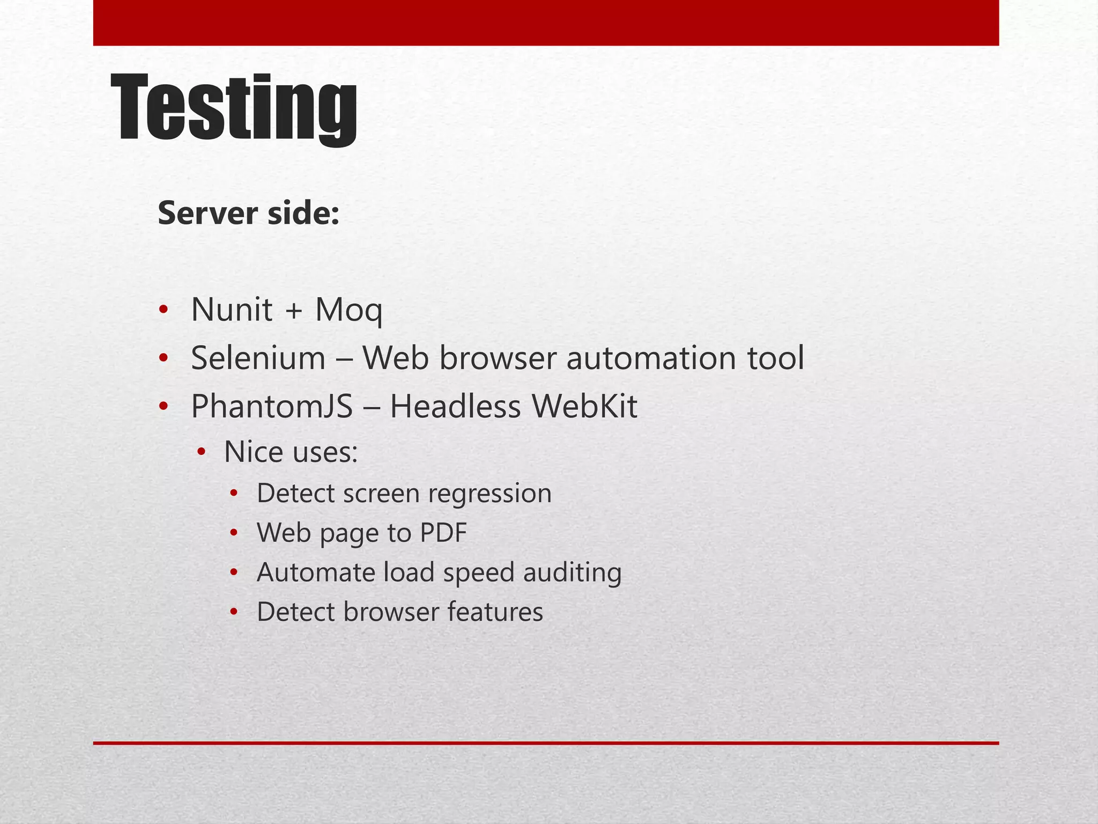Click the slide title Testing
(x=234, y=109)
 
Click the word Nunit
(x=232, y=310)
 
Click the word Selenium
(x=258, y=358)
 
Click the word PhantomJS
(x=272, y=407)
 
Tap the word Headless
(x=455, y=407)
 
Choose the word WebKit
(x=584, y=407)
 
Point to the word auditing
(x=572, y=572)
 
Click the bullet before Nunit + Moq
(x=164, y=310)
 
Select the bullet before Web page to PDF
(x=233, y=533)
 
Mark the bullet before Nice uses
(x=201, y=452)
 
